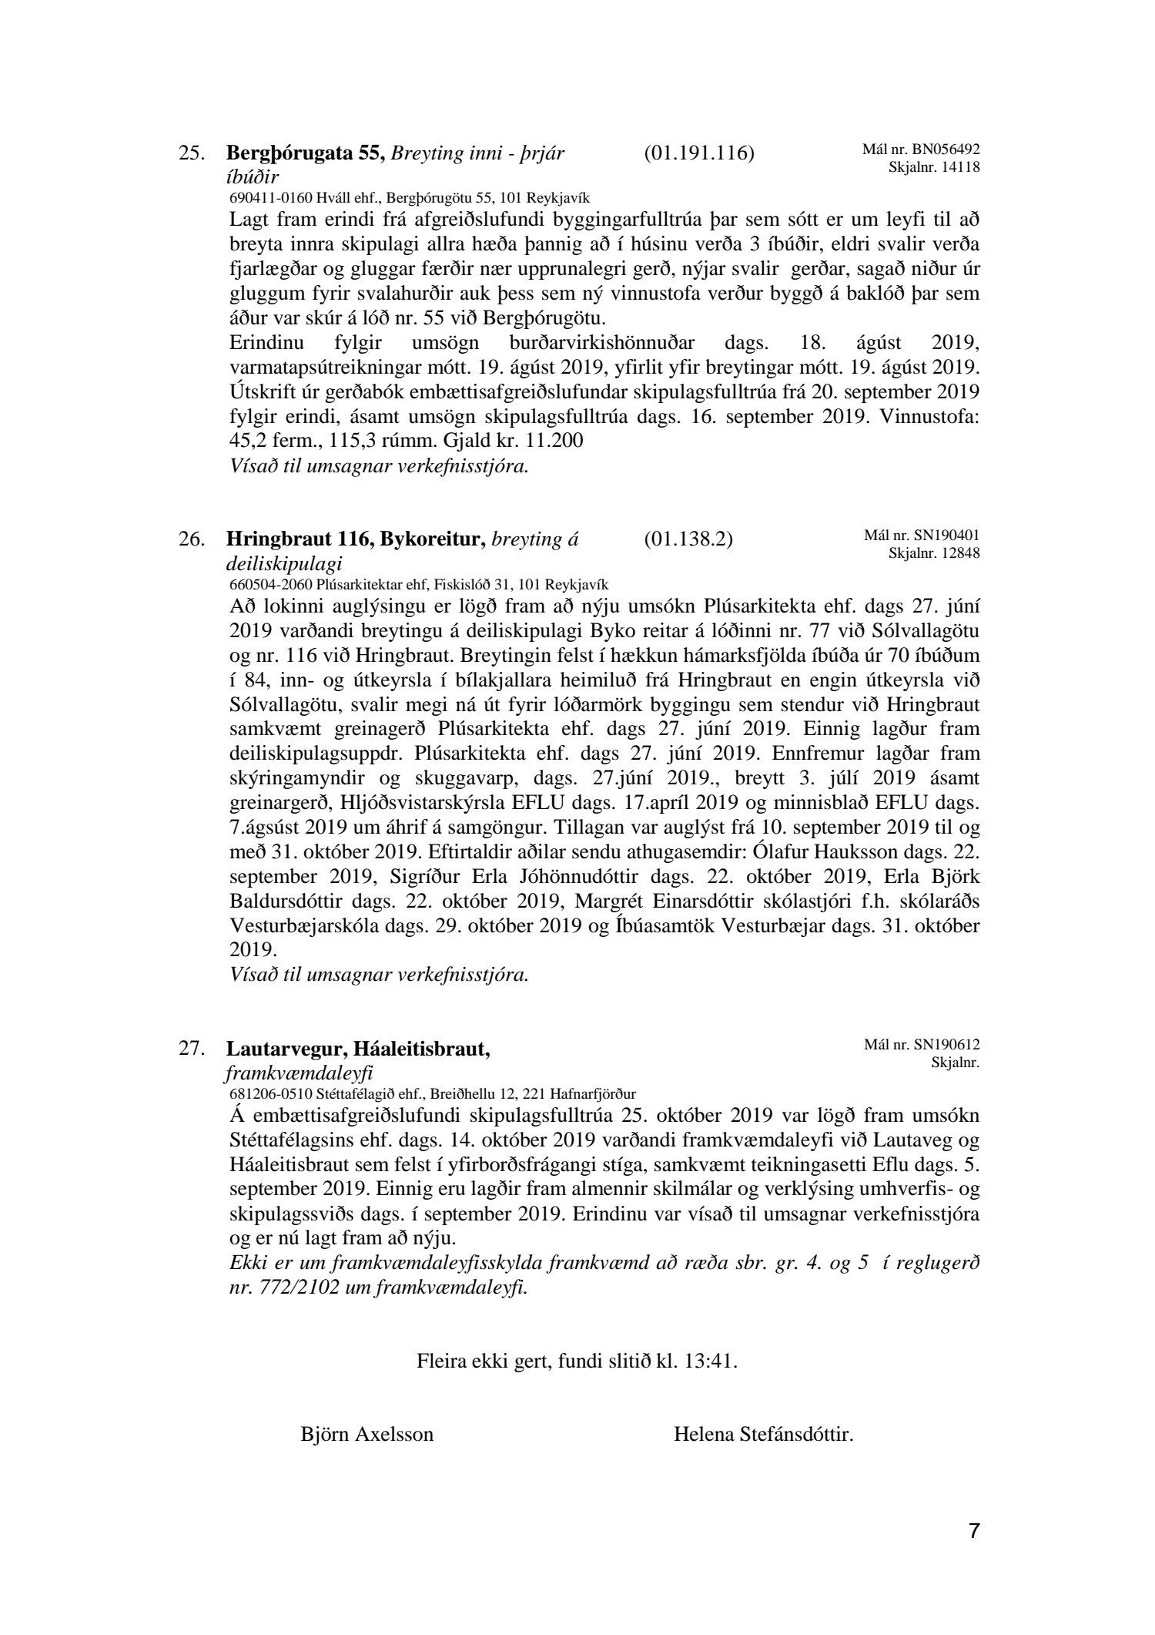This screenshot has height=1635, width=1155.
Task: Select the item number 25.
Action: [192, 153]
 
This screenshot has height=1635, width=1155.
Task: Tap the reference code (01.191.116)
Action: [698, 153]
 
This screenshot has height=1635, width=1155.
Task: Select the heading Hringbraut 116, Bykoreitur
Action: [356, 539]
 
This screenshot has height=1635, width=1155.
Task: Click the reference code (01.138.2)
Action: [688, 539]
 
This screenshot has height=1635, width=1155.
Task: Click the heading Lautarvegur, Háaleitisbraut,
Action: [358, 1049]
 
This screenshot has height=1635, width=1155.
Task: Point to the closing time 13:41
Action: [713, 1361]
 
